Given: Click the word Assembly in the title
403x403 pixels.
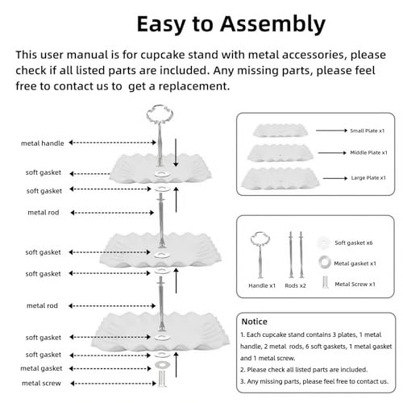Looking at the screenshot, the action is [x=272, y=25].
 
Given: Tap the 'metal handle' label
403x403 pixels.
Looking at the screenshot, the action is [x=43, y=143].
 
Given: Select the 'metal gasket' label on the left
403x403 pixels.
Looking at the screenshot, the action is [x=41, y=368].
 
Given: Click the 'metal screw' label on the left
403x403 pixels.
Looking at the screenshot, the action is [x=41, y=383].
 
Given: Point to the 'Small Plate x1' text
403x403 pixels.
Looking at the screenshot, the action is [x=368, y=131].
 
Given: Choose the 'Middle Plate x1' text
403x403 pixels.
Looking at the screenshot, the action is [x=368, y=152].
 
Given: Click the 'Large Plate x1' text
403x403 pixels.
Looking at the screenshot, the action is [x=368, y=178].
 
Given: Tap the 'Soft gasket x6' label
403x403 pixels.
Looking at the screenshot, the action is [x=354, y=243].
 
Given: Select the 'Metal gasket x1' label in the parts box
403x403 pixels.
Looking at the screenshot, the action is [x=355, y=264].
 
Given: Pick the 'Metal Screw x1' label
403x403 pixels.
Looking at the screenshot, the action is [x=355, y=285].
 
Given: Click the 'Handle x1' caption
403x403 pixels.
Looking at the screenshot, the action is [x=262, y=285].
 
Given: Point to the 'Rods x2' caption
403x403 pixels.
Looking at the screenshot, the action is [x=295, y=285].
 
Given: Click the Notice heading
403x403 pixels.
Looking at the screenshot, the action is [x=254, y=322].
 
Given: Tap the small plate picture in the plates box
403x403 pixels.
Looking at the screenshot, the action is [x=280, y=130].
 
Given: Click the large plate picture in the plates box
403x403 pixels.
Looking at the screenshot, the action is [x=280, y=178].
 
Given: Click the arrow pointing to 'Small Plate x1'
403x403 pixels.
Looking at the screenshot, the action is [x=331, y=131].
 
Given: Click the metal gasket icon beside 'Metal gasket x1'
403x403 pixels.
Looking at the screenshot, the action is [x=325, y=262].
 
